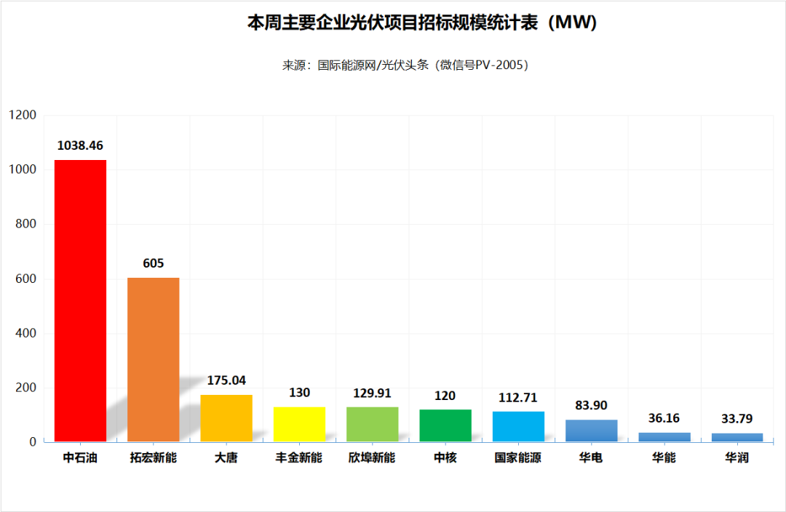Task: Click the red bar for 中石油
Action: pos(80,300)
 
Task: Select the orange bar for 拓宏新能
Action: pos(154,359)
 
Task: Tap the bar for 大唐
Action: pos(226,418)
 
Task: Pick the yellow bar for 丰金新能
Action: pos(299,424)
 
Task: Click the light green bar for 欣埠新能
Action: pos(372,424)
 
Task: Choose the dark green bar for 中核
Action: pos(445,425)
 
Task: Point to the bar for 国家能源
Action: pos(518,426)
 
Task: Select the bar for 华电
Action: pos(591,431)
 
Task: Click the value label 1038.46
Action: pos(80,145)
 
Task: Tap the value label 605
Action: pos(154,263)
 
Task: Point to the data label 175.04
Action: pos(226,380)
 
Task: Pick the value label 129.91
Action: pos(372,393)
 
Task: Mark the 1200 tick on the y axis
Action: pos(23,115)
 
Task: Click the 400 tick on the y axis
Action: pos(25,333)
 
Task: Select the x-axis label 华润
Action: pos(737,458)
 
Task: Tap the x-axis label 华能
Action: pos(664,458)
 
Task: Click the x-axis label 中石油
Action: pos(80,458)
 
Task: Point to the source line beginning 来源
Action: pos(405,65)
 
